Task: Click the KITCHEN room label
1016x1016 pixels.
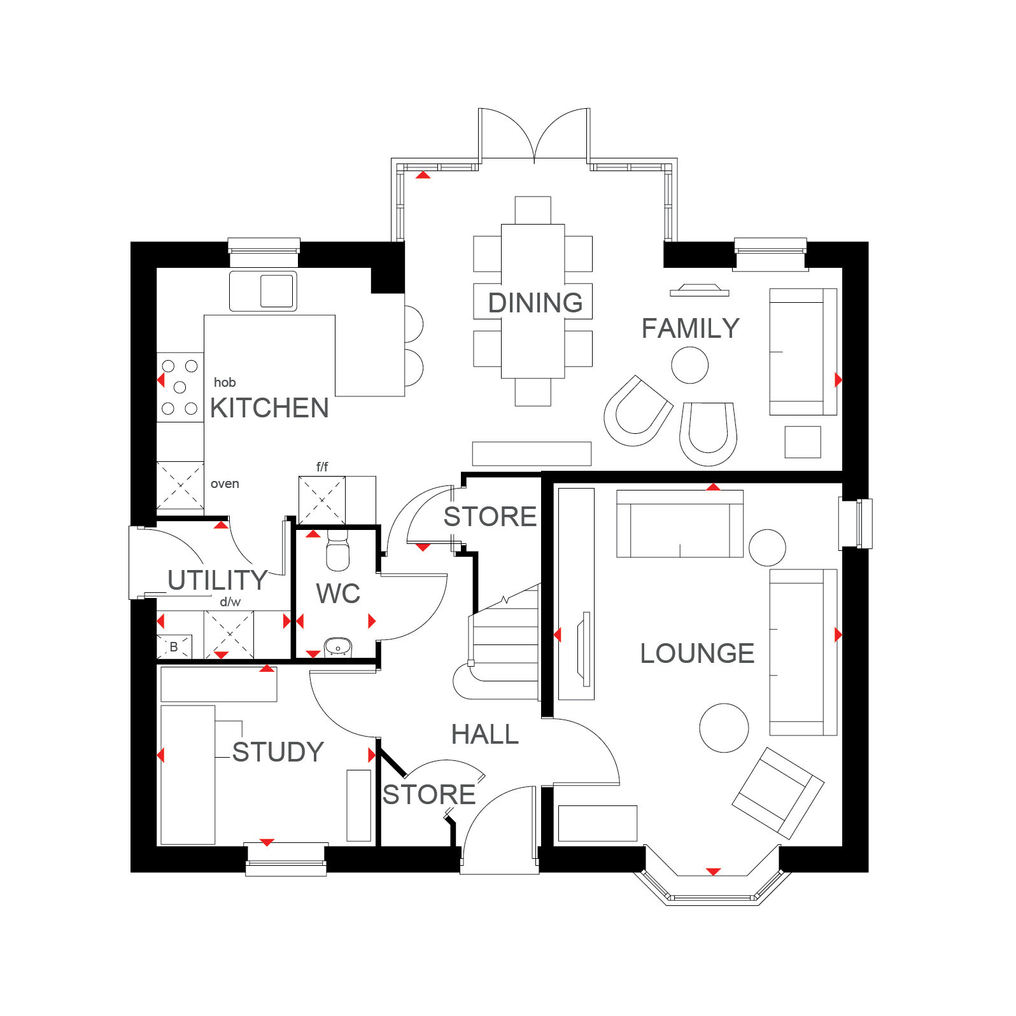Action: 269,408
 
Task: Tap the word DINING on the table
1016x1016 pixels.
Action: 535,303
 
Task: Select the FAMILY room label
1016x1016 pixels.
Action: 690,328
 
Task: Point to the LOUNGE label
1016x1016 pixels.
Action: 697,653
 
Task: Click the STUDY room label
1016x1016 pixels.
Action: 278,752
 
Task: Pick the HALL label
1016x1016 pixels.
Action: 485,735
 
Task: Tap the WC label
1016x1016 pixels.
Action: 338,594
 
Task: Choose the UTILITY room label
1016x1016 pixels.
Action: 218,580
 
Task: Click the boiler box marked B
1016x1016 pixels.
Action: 174,646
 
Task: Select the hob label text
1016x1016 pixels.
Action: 225,382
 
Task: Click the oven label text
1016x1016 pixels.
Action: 225,484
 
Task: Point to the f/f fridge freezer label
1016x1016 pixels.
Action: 322,467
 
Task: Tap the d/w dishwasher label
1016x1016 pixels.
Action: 230,602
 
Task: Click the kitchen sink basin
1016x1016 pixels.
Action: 277,290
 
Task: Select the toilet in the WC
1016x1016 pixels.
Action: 337,550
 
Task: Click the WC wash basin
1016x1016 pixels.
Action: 338,648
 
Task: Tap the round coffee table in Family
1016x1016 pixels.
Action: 690,365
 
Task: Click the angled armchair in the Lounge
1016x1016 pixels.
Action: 778,793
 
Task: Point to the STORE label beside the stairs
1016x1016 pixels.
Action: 490,517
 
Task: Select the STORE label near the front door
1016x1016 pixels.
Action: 429,795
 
